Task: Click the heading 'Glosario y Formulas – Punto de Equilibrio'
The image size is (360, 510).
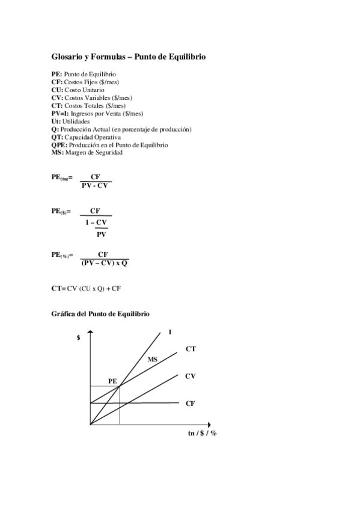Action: click(x=129, y=57)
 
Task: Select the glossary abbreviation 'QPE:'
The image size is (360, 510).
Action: click(x=59, y=145)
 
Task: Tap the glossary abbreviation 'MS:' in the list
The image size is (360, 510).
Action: click(x=57, y=152)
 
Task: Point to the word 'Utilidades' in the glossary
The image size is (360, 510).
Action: click(x=76, y=121)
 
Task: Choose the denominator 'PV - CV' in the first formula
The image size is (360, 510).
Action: click(x=95, y=185)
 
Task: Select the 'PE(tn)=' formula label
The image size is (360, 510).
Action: click(x=62, y=178)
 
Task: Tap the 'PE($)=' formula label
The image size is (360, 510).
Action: click(x=61, y=211)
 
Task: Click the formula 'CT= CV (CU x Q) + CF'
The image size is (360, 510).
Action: click(x=87, y=289)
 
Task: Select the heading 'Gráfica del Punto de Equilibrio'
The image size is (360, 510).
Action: click(x=100, y=314)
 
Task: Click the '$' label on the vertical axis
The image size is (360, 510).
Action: click(x=78, y=337)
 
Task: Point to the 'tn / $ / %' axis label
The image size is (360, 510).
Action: click(x=202, y=433)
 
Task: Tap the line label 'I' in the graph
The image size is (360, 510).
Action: click(x=170, y=332)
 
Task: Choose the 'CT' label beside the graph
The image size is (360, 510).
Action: click(x=191, y=349)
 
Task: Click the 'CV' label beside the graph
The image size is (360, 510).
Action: click(x=191, y=376)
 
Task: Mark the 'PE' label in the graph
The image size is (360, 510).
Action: click(x=112, y=381)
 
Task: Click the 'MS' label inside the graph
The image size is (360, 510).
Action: click(x=153, y=359)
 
